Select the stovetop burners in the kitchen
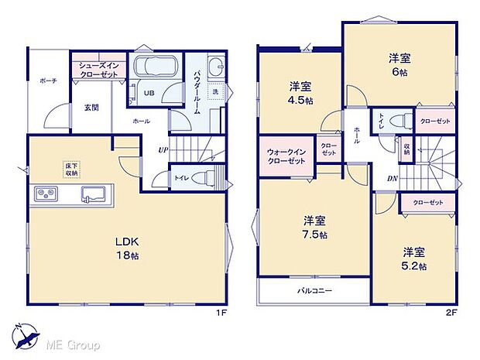44,193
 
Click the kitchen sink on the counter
94,193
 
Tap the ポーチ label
49,81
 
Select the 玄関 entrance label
91,108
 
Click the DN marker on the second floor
393,177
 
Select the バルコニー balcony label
315,291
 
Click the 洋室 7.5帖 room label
314,226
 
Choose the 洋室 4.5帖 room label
301,93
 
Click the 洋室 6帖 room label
399,64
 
